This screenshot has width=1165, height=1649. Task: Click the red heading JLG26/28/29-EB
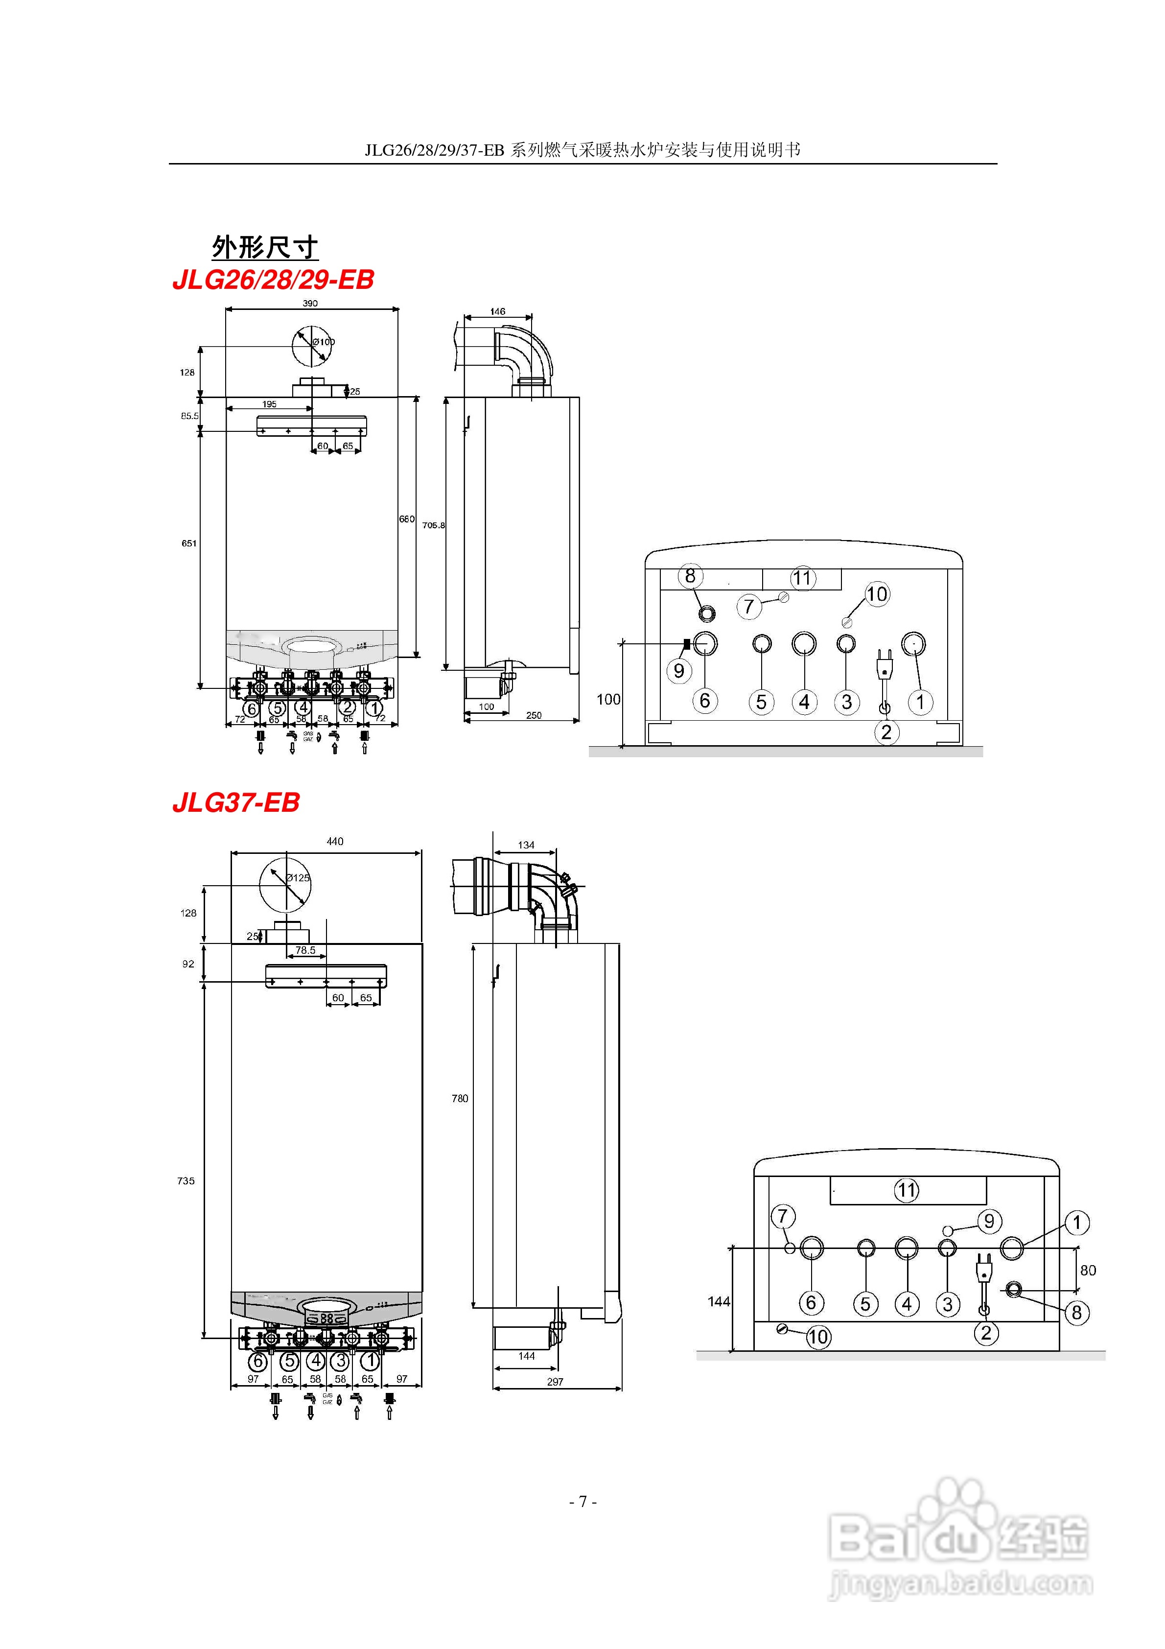tap(273, 280)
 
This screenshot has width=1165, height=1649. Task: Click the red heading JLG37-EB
tap(235, 802)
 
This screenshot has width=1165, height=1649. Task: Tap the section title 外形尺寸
tap(264, 247)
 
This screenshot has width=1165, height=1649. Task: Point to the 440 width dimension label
tap(335, 841)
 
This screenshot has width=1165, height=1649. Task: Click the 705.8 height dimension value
tap(433, 525)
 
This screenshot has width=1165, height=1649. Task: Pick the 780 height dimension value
tap(460, 1098)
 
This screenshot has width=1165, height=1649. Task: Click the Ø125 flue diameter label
tap(297, 878)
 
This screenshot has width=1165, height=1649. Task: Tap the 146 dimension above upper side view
tap(498, 312)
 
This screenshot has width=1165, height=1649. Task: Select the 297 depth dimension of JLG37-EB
tap(555, 1382)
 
